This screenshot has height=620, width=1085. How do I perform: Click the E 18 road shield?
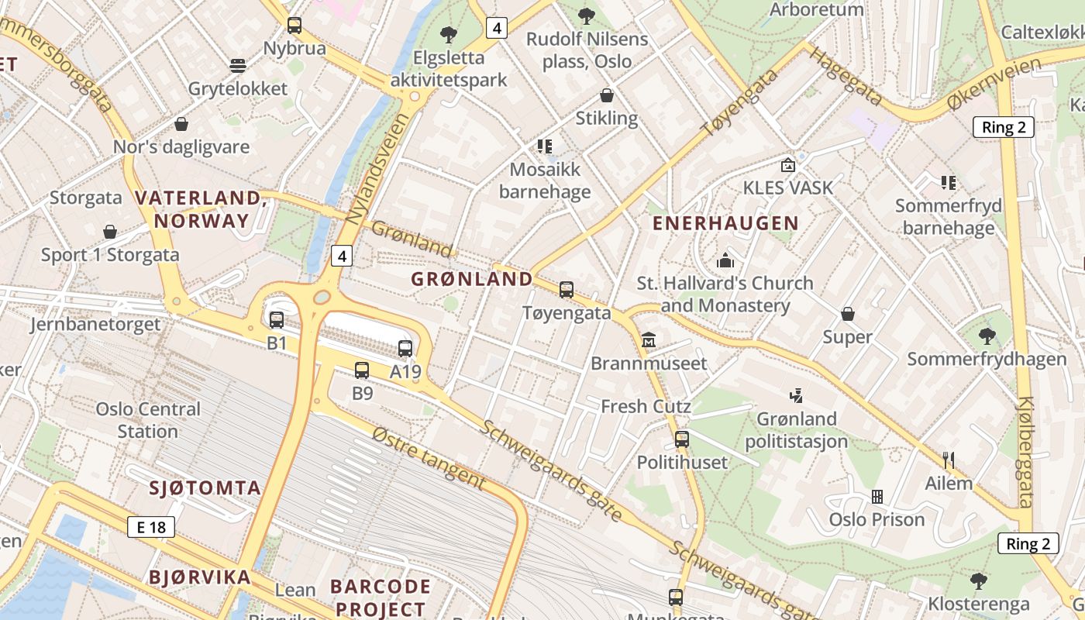tap(151, 528)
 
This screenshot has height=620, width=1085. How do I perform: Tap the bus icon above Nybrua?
tap(294, 25)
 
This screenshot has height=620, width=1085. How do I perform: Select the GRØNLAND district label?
tap(472, 279)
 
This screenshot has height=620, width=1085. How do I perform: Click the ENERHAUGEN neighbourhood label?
tap(725, 223)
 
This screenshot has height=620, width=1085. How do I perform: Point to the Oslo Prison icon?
tap(877, 496)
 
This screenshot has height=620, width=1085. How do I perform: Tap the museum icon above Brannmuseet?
tap(649, 339)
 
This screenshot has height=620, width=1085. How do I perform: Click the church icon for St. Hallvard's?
tap(725, 260)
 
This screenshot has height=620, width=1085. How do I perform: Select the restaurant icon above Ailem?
tap(948, 460)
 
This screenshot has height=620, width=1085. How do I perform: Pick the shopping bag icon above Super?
tap(848, 314)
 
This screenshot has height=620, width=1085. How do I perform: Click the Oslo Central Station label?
tap(148, 420)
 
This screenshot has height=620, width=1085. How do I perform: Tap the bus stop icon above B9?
tap(362, 370)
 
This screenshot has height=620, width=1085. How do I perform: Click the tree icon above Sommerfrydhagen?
tap(987, 336)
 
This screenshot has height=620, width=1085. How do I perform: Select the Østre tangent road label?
tap(428, 459)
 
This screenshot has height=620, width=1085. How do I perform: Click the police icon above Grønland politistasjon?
tap(796, 396)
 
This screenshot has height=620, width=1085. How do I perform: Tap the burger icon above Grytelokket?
tap(238, 65)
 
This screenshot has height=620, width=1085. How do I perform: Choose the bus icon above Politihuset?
tap(682, 439)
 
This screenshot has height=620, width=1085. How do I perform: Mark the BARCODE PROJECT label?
tap(380, 597)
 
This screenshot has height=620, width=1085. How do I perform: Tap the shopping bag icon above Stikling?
tap(607, 95)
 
